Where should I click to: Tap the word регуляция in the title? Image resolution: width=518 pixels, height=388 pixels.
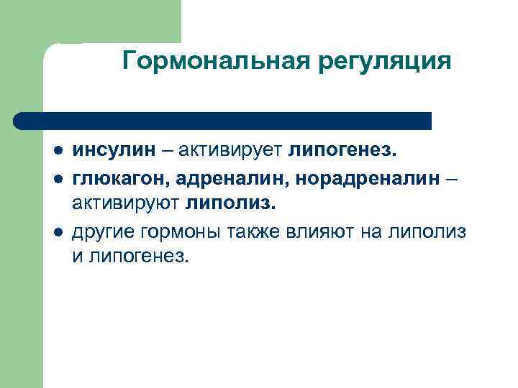[x=383, y=63]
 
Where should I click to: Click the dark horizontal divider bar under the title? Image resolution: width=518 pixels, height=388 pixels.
[x=223, y=120]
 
